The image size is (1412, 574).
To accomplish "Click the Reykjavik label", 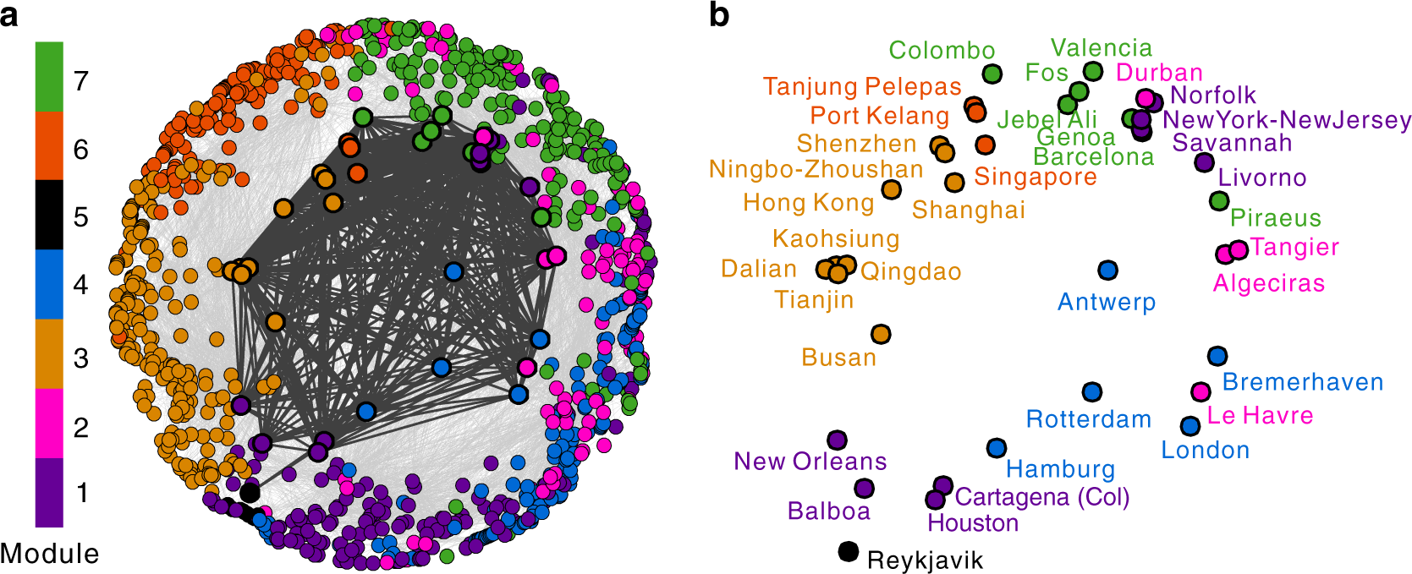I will (925, 560).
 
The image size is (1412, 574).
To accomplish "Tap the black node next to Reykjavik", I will (848, 551).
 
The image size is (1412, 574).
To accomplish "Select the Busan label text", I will (838, 358).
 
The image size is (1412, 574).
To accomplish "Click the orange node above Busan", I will (881, 334).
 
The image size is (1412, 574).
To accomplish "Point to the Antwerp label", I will (1106, 302).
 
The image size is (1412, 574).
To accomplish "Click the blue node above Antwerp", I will (1107, 271).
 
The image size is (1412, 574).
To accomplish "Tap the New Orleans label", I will (810, 462).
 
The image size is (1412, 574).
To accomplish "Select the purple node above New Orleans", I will (837, 440).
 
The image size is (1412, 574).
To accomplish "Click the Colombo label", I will (942, 51).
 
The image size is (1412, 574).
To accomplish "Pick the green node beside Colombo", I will (992, 74).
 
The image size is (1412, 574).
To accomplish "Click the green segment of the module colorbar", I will (49, 76).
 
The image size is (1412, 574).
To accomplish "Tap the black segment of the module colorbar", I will (49, 214).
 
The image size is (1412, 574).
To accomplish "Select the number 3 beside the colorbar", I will (81, 358).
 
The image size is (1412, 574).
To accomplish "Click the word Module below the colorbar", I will (49, 554).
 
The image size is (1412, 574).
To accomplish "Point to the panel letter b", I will (719, 15).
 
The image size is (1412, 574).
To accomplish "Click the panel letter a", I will (9, 15).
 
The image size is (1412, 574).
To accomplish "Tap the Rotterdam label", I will (1088, 419).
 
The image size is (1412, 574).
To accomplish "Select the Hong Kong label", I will (808, 203).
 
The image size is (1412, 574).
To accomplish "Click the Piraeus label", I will (1275, 218).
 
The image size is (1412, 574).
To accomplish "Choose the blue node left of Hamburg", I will (997, 448).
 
